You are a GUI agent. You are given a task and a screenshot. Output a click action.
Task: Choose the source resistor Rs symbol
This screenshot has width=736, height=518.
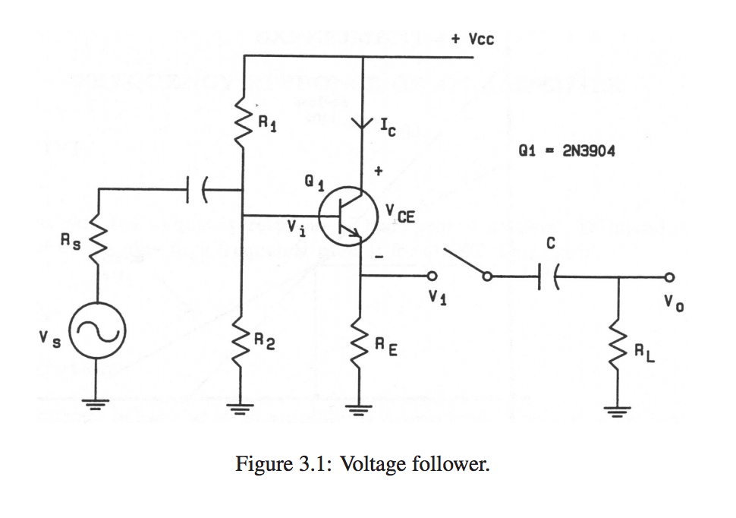pyautogui.click(x=97, y=242)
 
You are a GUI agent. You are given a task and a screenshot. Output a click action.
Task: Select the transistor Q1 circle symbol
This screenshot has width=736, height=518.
pyautogui.click(x=348, y=217)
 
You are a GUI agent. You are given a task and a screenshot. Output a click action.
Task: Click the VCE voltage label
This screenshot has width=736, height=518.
pyautogui.click(x=400, y=215)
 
